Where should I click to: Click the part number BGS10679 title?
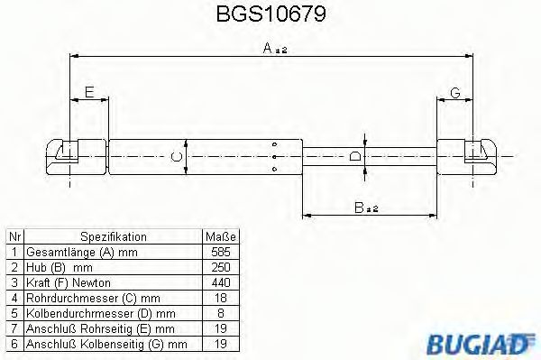pos(270,15)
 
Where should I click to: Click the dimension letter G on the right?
pos(455,93)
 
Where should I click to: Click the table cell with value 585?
pos(219,253)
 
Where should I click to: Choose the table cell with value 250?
pos(219,268)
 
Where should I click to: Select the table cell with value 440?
pos(219,283)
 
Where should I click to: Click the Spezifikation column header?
pos(113,236)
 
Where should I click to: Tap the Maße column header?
pos(219,236)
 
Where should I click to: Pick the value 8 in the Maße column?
pos(219,314)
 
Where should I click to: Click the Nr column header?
pos(14,236)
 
